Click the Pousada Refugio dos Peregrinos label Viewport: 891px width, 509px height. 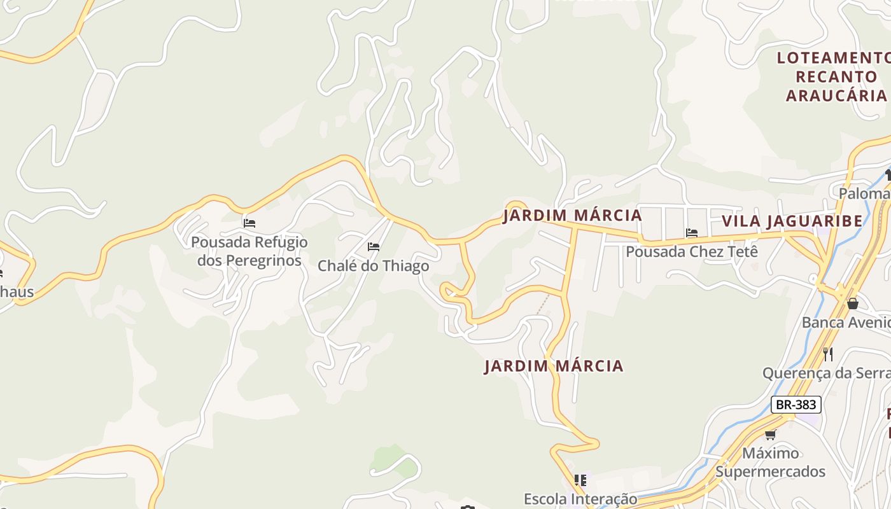pyautogui.click(x=249, y=251)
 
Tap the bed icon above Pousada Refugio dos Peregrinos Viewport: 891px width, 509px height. pyautogui.click(x=249, y=223)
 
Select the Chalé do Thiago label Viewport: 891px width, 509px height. pyautogui.click(x=374, y=266)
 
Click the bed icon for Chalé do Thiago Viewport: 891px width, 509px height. pyautogui.click(x=374, y=247)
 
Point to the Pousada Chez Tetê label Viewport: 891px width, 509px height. pyautogui.click(x=692, y=251)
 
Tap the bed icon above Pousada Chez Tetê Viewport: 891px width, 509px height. pyautogui.click(x=692, y=233)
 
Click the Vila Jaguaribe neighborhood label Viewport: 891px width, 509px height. pyautogui.click(x=792, y=221)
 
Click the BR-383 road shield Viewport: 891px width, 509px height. pyautogui.click(x=796, y=405)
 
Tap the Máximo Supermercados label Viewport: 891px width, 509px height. pyautogui.click(x=770, y=463)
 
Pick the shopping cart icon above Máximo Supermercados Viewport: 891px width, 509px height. pyautogui.click(x=770, y=435)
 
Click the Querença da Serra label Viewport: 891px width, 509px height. pyautogui.click(x=826, y=373)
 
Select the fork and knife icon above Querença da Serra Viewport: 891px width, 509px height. pyautogui.click(x=828, y=354)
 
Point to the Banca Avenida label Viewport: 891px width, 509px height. pyautogui.click(x=846, y=323)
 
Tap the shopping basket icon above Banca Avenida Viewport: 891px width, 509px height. pyautogui.click(x=853, y=304)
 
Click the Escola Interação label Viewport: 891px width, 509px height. pyautogui.click(x=580, y=499)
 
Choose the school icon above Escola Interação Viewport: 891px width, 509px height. pyautogui.click(x=580, y=480)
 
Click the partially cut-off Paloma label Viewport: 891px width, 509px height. pyautogui.click(x=864, y=193)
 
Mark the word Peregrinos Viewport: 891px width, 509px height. pyautogui.click(x=249, y=261)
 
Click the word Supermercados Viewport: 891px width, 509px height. pyautogui.click(x=770, y=471)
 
